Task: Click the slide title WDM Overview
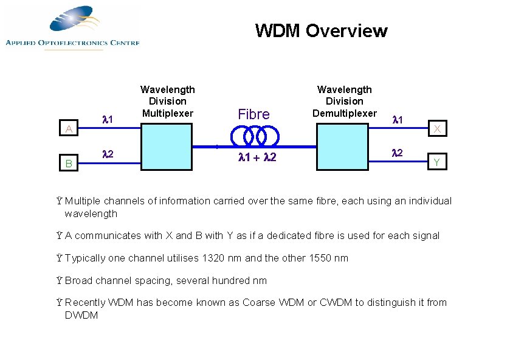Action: (x=321, y=30)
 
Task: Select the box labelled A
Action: (x=70, y=128)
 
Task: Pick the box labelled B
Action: (x=70, y=163)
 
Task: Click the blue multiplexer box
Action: (x=167, y=147)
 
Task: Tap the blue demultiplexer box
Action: (x=344, y=147)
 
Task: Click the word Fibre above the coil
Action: (x=253, y=114)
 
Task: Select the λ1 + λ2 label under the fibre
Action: (x=253, y=159)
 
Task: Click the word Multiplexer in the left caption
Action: (x=167, y=113)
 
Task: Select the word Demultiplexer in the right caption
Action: (x=344, y=113)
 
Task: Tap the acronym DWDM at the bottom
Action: (x=81, y=315)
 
